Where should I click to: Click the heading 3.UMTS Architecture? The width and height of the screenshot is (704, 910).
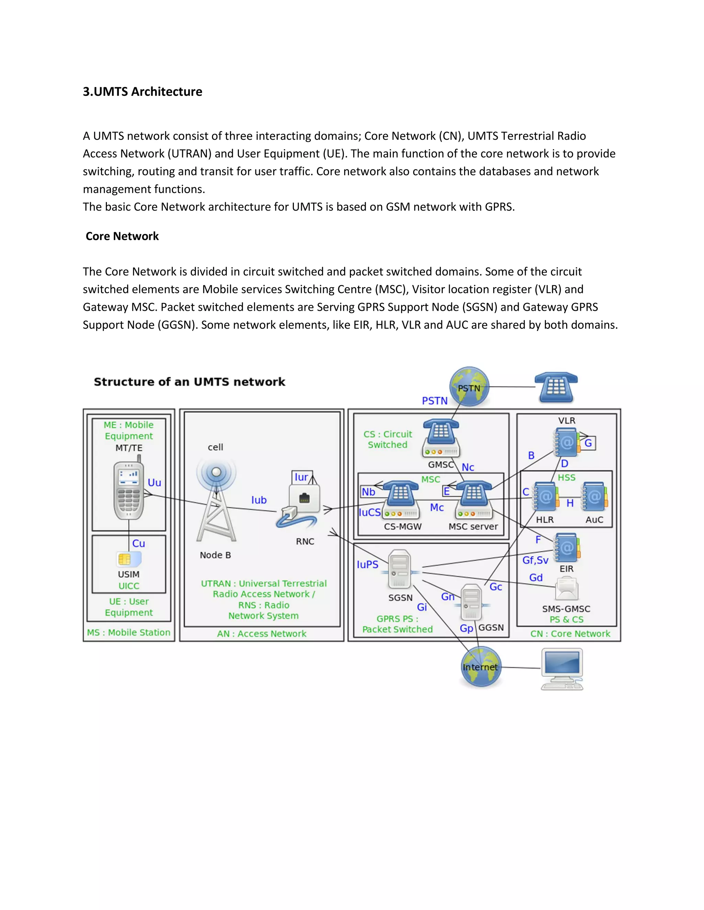point(142,92)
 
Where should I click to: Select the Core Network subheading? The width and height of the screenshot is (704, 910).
point(122,236)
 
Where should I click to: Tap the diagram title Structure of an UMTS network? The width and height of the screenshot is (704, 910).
point(189,382)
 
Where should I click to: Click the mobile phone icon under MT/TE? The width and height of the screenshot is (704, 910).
point(129,490)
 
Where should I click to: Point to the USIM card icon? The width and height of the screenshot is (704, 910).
point(129,559)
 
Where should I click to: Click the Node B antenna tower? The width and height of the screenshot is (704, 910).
point(216,506)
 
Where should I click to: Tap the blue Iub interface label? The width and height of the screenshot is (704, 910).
point(259,500)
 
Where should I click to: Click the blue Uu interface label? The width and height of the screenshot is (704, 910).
point(154,482)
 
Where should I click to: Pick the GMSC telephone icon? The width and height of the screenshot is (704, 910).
point(441,437)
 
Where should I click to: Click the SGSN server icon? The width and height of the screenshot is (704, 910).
point(399,569)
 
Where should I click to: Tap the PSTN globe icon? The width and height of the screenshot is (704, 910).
point(469,387)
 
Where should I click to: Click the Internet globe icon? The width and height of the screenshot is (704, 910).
point(481,667)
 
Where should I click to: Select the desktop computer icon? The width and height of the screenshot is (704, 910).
point(562,669)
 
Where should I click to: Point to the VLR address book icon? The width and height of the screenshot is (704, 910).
point(566,443)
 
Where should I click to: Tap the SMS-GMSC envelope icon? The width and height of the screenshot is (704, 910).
point(566,588)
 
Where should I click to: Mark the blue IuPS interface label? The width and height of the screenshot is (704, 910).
point(367,565)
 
